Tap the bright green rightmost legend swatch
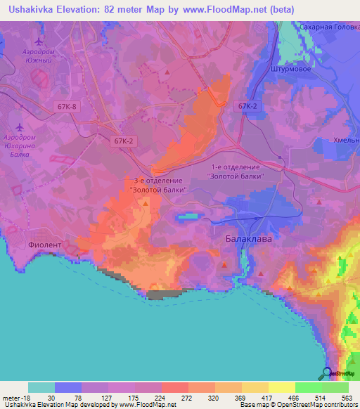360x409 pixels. (x=335, y=387)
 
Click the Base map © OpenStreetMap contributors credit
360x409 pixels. (x=299, y=405)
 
